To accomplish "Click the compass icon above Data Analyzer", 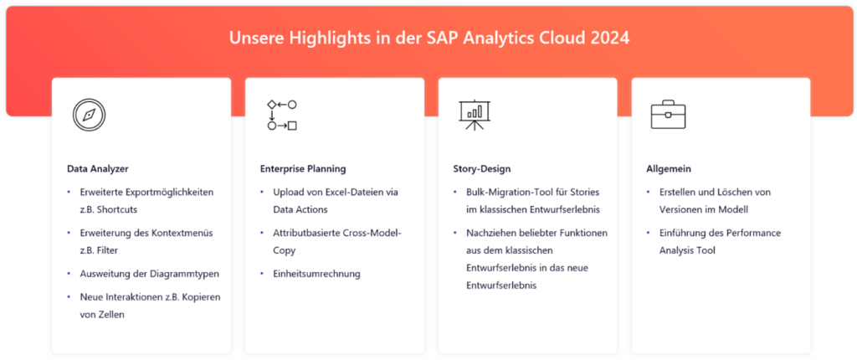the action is (x=89, y=115).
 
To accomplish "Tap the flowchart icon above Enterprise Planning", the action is (x=282, y=115).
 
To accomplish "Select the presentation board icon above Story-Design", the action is (x=475, y=115).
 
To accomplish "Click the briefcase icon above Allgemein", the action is (x=668, y=115).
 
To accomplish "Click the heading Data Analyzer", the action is (x=98, y=169).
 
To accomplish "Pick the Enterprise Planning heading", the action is (x=303, y=169).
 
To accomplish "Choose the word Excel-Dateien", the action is (x=346, y=193).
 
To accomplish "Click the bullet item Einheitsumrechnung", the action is (x=317, y=274).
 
